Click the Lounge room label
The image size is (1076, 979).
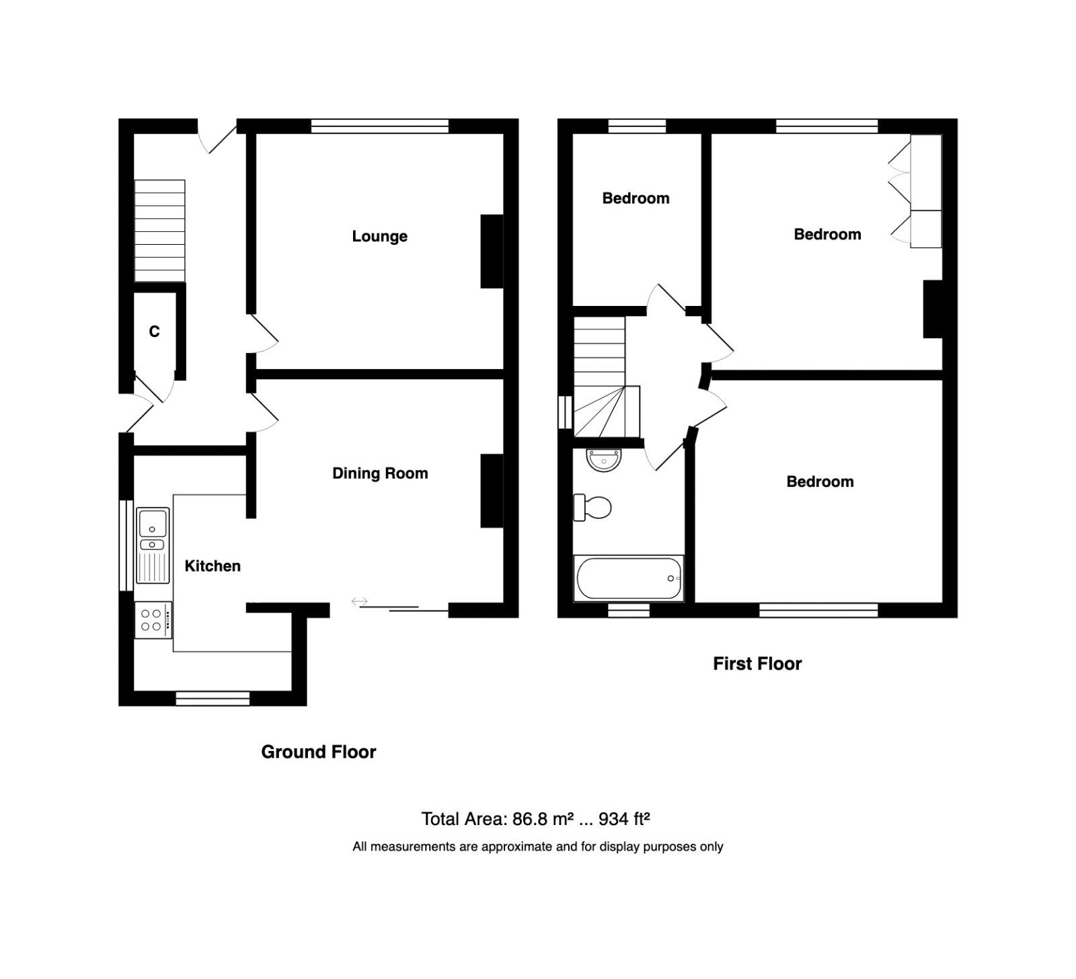[379, 237]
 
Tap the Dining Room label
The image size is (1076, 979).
[380, 473]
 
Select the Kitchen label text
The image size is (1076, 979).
[213, 566]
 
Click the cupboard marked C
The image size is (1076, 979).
[154, 331]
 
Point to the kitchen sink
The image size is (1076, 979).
[153, 522]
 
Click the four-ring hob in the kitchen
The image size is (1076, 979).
[153, 620]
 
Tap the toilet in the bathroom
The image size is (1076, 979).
[592, 508]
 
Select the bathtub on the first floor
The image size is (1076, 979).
[628, 578]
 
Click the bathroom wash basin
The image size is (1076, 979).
[604, 460]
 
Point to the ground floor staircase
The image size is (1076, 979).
[159, 231]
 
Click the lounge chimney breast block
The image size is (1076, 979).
[492, 251]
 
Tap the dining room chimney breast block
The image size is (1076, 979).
[492, 491]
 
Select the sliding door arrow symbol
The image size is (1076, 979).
[359, 600]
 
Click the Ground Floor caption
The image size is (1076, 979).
[318, 752]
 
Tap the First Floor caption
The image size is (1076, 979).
[757, 664]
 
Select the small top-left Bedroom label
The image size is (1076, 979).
[636, 198]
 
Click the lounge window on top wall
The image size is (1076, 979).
[380, 126]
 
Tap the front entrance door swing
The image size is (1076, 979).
[219, 136]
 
